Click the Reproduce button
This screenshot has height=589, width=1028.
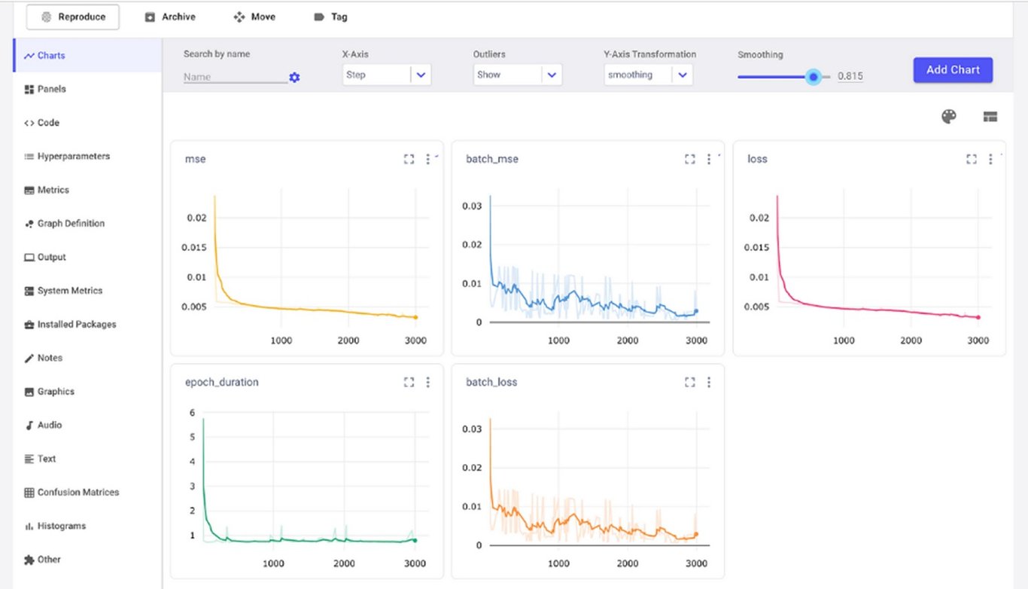[73, 17]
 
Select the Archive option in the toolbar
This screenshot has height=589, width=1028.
[170, 17]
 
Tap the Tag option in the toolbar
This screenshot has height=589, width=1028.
[330, 17]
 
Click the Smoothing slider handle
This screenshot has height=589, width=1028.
[813, 76]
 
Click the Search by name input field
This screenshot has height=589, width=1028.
[234, 77]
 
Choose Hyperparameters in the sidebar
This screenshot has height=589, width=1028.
[73, 157]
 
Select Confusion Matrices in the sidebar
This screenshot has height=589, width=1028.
[78, 493]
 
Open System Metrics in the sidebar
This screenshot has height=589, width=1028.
[69, 291]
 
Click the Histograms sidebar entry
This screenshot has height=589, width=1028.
[61, 526]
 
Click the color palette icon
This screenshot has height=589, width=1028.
[949, 116]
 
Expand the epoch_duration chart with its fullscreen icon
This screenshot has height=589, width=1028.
[409, 383]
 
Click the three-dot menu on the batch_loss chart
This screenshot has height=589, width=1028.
[709, 383]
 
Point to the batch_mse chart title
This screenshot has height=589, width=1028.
[492, 159]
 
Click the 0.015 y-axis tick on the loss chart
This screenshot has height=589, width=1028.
[757, 248]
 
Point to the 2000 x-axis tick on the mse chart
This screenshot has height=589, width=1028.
[348, 340]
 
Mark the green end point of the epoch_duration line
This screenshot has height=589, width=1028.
[415, 540]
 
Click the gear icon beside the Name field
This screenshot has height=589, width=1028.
[294, 78]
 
